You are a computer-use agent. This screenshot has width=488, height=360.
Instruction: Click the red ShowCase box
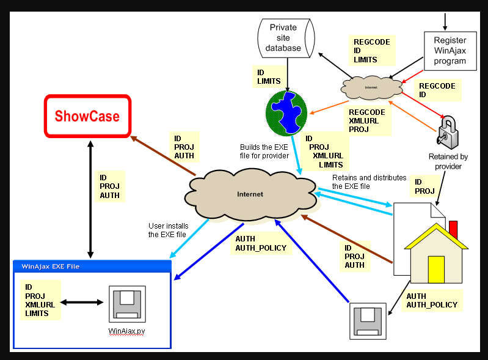coord(87,116)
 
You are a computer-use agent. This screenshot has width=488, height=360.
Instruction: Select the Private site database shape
coord(283,37)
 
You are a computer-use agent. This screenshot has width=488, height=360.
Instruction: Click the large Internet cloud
coord(250,194)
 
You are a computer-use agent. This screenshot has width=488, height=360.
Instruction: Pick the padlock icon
coord(451,131)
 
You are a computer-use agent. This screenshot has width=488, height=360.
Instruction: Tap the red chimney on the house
coord(453,230)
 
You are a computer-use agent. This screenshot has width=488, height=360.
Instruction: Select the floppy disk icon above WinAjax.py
coord(126,304)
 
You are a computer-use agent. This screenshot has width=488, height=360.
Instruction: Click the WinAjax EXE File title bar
coord(91,266)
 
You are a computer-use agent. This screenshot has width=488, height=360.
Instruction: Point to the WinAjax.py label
coord(126,332)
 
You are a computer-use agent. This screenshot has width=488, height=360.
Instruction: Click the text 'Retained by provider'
coord(448,161)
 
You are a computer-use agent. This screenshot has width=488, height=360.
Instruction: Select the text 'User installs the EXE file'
coord(167,230)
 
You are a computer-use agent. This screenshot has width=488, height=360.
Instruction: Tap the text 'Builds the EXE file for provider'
coord(264,151)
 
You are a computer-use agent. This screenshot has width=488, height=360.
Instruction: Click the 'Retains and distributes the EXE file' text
coord(369,182)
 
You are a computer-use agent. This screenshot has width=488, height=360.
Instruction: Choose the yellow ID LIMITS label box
coord(269,76)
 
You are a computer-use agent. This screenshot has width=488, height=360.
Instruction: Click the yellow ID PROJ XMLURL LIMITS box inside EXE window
coord(40,299)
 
